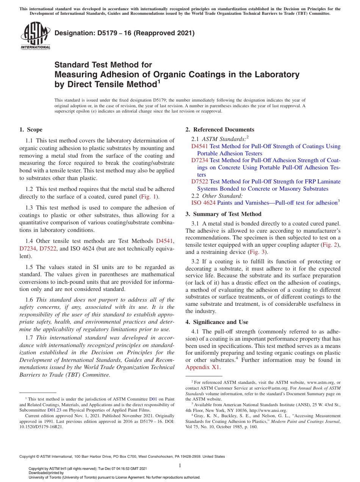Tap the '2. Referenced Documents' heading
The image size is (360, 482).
[x=220, y=130]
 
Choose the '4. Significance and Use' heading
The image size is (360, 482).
[x=217, y=322]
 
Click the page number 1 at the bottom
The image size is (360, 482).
[x=180, y=465]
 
